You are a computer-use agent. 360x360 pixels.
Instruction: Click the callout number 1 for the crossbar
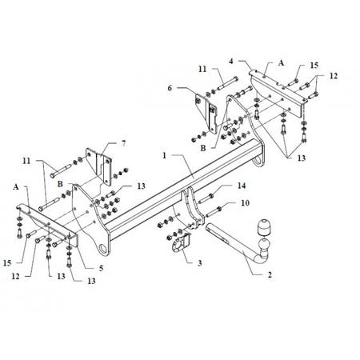click(164, 155)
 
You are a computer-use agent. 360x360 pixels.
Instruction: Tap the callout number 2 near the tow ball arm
click(270, 274)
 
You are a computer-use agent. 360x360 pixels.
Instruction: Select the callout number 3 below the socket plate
click(200, 263)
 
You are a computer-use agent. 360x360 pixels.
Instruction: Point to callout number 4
click(231, 61)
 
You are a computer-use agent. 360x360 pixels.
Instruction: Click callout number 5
click(101, 268)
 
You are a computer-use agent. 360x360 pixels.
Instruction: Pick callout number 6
click(170, 88)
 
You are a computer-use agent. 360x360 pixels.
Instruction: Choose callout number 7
click(123, 143)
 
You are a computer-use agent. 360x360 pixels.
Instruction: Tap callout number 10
click(245, 203)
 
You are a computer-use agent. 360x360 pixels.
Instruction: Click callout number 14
click(242, 186)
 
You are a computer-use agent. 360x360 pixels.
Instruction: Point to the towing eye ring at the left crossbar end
click(102, 248)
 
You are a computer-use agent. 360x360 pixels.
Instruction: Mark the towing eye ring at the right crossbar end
click(258, 161)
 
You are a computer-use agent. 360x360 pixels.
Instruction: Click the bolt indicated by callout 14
click(206, 198)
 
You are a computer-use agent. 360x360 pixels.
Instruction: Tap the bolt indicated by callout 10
click(214, 211)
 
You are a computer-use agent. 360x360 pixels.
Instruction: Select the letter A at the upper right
click(281, 63)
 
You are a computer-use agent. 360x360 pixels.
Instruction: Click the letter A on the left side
click(16, 187)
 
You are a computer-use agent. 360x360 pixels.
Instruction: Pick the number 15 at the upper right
click(314, 65)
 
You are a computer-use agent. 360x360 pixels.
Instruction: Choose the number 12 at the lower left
click(15, 277)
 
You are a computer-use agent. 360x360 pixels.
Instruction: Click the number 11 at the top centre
click(202, 69)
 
